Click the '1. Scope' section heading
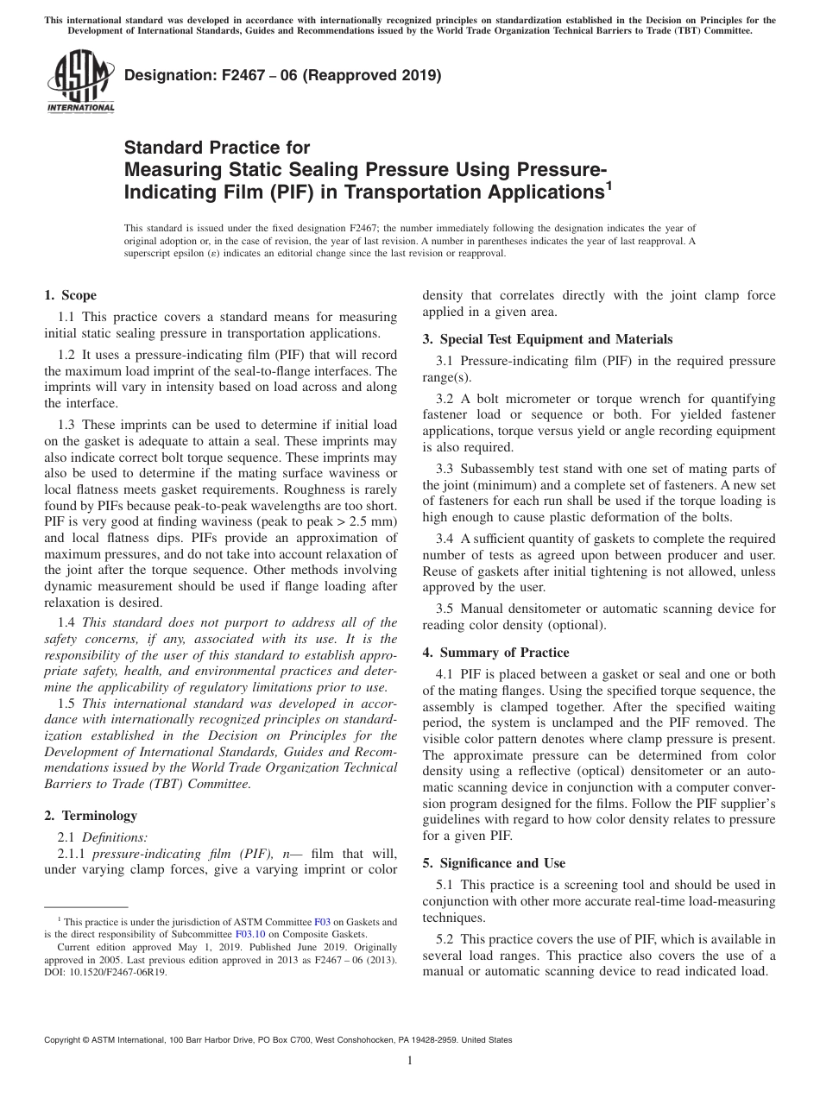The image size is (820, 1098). (70, 295)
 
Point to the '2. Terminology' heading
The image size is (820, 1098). (90, 815)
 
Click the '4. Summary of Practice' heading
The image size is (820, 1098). (495, 653)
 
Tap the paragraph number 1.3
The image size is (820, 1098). (66, 425)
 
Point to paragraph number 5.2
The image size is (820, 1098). (447, 939)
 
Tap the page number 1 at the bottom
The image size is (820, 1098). (409, 1061)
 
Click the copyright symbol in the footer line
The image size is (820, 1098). (85, 1041)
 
